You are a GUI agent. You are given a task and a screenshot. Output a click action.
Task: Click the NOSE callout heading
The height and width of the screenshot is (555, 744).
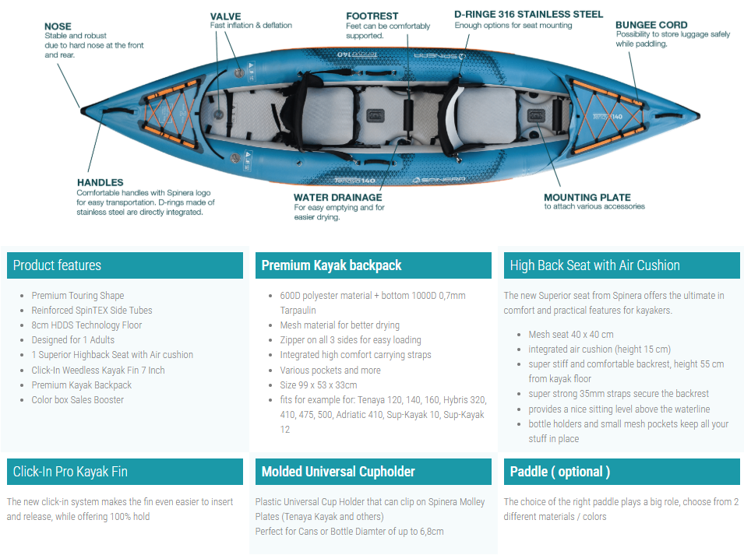click(x=58, y=26)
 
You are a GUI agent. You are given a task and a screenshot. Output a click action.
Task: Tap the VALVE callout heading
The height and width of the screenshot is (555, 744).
click(x=225, y=16)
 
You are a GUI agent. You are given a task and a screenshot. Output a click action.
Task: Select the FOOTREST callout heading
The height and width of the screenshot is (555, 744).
click(x=372, y=16)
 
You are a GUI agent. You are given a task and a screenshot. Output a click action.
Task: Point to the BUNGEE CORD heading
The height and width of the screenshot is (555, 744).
click(x=651, y=25)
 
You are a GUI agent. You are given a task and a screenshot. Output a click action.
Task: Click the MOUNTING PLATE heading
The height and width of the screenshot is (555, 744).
click(x=587, y=197)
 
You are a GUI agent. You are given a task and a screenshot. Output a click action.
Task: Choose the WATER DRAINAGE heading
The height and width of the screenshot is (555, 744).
click(x=338, y=197)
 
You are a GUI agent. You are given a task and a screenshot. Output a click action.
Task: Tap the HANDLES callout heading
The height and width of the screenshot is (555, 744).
click(x=100, y=182)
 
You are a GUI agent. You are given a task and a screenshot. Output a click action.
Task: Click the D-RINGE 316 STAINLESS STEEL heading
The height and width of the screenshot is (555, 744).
click(x=528, y=14)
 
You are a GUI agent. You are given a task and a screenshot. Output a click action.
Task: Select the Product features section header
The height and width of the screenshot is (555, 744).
click(x=57, y=265)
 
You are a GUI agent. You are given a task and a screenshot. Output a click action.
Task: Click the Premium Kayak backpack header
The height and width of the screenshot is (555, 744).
click(x=331, y=265)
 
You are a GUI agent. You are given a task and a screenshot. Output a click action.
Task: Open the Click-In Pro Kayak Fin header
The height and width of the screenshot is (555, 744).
click(x=70, y=472)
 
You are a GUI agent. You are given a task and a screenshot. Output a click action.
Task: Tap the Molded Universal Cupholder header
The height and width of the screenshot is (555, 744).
click(x=338, y=472)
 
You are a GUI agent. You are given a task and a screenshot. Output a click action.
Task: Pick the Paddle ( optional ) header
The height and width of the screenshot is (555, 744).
click(x=560, y=472)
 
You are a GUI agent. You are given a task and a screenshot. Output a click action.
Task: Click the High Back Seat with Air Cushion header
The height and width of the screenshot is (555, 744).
click(x=594, y=265)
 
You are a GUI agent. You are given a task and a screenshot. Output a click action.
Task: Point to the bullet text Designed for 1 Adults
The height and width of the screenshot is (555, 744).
click(x=73, y=340)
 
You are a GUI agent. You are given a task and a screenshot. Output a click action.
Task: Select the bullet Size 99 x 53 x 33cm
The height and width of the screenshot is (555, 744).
click(x=319, y=385)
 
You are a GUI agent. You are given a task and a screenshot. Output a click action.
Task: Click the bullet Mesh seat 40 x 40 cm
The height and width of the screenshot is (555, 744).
click(x=571, y=335)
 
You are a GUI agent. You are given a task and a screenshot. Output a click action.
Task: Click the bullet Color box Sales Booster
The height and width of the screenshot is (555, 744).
click(x=77, y=399)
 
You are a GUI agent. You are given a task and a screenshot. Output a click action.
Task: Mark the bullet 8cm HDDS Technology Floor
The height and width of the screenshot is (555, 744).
click(x=86, y=325)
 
